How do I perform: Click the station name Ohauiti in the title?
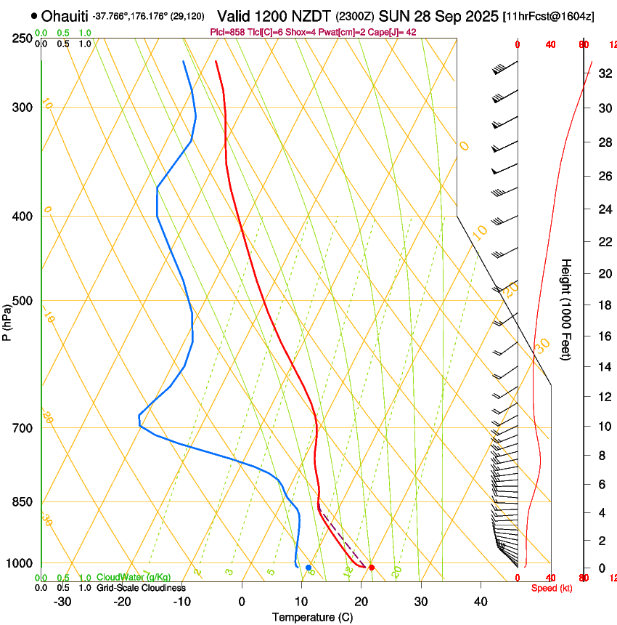(x=65, y=15)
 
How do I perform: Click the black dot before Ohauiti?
(x=34, y=15)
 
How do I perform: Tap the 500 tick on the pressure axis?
(x=23, y=301)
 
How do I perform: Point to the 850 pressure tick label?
(x=23, y=502)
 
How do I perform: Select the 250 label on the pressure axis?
(x=23, y=39)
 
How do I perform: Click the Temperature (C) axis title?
(x=312, y=617)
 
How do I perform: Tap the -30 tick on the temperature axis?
(x=62, y=602)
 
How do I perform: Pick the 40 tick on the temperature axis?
(x=481, y=602)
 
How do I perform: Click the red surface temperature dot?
(x=372, y=567)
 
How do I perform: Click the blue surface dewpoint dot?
(x=308, y=567)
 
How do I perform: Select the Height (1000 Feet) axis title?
(x=566, y=310)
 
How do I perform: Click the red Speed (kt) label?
(x=552, y=588)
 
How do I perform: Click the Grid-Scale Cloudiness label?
(x=141, y=588)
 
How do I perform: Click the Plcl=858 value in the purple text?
(x=228, y=32)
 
